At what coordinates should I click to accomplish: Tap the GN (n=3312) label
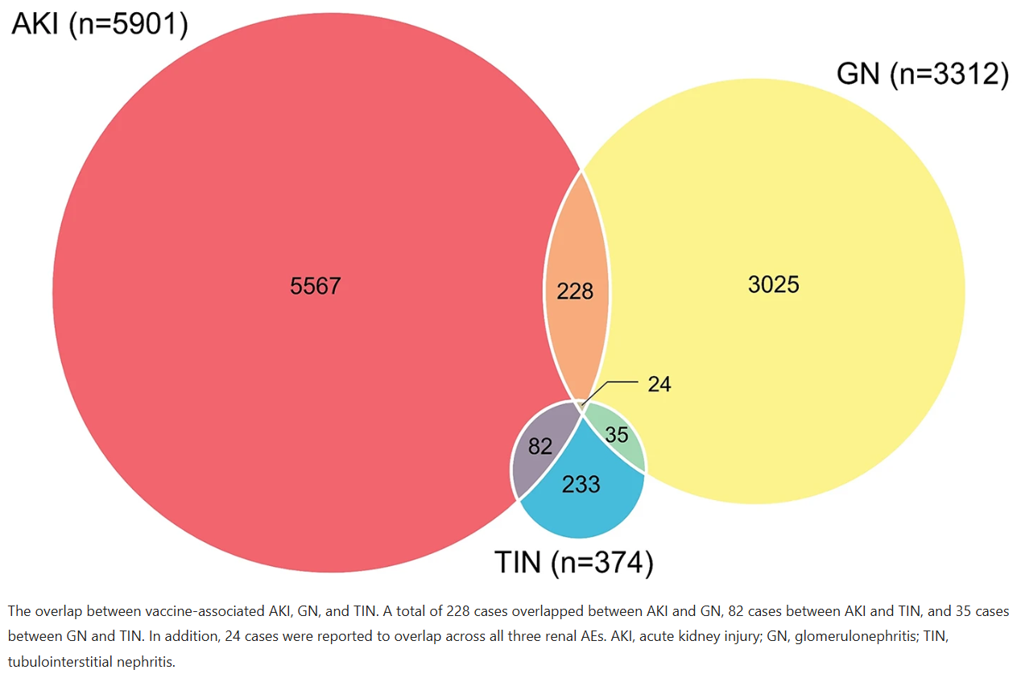point(923,73)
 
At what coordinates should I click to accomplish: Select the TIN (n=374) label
point(574,562)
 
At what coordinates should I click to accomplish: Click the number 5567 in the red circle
point(316,286)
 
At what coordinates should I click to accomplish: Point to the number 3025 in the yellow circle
point(774,284)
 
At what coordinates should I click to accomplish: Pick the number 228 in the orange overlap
point(575,291)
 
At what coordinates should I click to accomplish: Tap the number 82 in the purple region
point(540,446)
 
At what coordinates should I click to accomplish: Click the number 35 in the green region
point(617,435)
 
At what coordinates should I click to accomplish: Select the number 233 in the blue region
point(581,484)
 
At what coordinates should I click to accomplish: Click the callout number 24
point(659,384)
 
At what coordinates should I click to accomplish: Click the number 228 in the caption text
point(458,611)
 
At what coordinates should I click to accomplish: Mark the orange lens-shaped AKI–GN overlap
point(577,287)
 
